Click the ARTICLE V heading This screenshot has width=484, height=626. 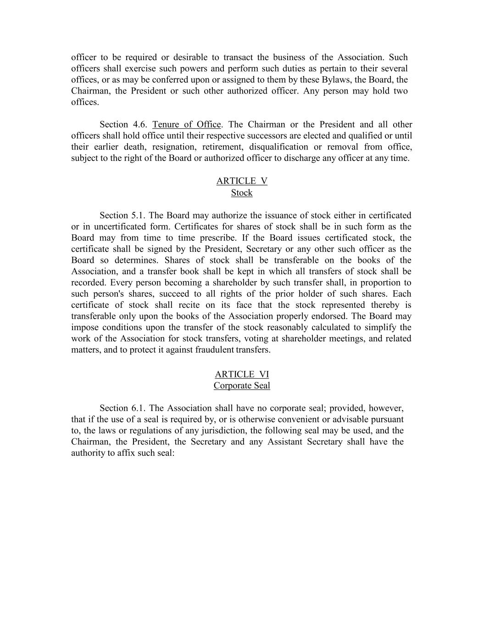pos(242,181)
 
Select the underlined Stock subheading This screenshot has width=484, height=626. pos(242,193)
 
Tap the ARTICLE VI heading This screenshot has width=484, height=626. pos(242,374)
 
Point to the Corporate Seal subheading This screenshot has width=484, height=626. pos(242,386)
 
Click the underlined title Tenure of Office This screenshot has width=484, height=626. pos(187,125)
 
